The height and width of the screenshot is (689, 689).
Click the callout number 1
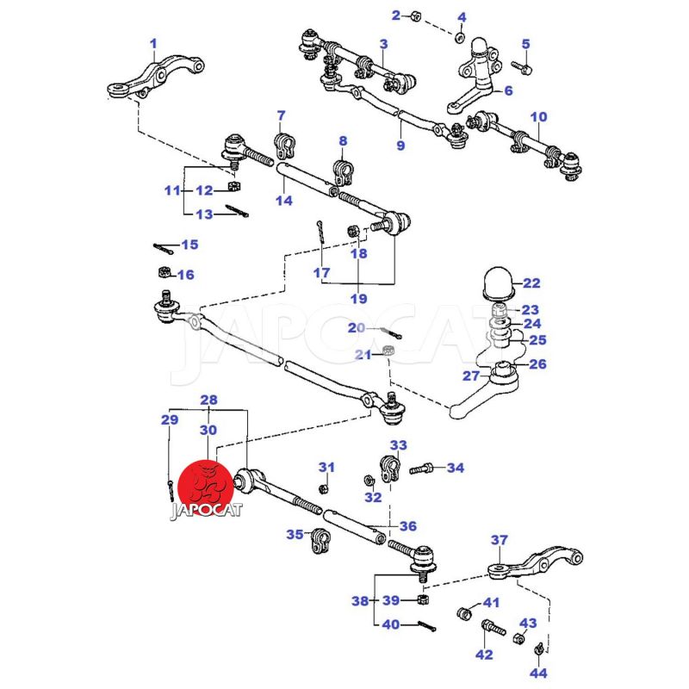click(x=153, y=43)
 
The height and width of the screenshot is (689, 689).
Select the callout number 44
click(x=537, y=672)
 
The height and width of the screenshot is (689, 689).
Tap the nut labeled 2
click(x=414, y=16)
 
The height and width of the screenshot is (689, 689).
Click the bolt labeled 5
click(x=520, y=65)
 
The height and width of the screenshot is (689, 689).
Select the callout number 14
click(x=284, y=200)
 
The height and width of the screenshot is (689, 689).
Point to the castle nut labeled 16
click(x=161, y=274)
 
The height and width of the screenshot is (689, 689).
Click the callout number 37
click(x=500, y=540)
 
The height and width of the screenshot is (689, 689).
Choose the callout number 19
click(x=358, y=299)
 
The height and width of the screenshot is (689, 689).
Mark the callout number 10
click(x=538, y=116)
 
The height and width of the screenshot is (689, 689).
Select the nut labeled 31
click(x=324, y=488)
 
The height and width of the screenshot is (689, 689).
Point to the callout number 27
click(x=470, y=376)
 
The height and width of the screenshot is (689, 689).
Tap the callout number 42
click(x=484, y=655)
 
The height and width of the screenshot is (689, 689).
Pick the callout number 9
click(x=400, y=145)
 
